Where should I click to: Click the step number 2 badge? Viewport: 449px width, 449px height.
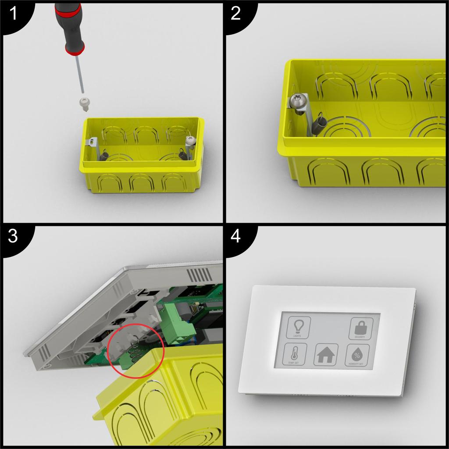coord(236,14)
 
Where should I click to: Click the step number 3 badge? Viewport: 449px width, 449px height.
coord(13,237)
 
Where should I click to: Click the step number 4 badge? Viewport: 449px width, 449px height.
coord(236,237)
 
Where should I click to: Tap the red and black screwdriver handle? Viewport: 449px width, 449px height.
coord(70,26)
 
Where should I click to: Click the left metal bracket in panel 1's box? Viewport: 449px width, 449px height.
coord(93,147)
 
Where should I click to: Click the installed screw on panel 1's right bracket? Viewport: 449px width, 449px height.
coord(190,140)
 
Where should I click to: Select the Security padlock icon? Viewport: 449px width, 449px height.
coord(360,328)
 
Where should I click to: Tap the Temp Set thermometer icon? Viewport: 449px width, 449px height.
coord(294,354)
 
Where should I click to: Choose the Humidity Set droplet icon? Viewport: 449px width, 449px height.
coord(357,354)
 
